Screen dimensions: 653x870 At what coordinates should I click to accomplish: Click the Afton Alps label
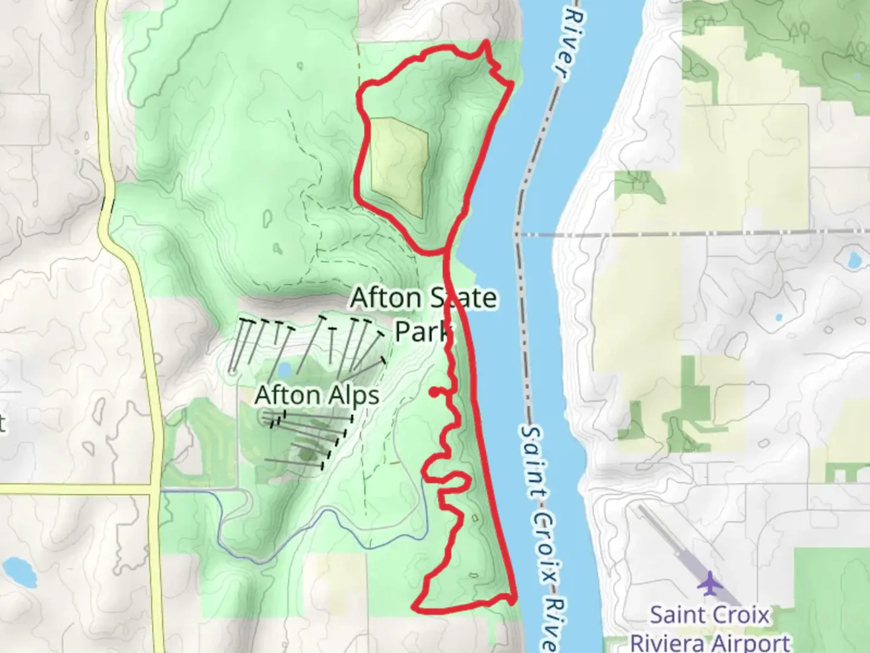317,395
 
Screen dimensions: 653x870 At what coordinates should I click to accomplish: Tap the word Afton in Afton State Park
385,297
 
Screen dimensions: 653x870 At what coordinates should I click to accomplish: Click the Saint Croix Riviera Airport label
710,629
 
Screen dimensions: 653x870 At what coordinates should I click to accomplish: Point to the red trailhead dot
434,392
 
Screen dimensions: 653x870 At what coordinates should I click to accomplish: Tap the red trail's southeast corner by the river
514,599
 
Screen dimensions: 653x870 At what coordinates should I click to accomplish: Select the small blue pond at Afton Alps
285,369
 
